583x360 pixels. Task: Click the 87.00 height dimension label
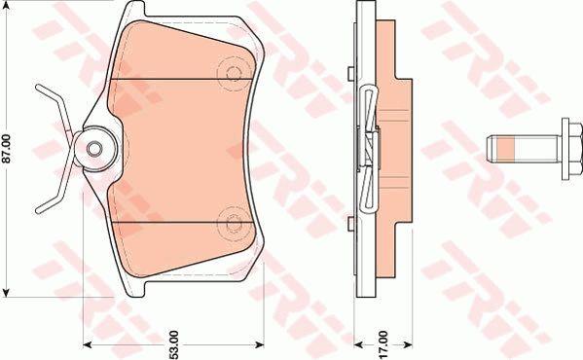(8, 149)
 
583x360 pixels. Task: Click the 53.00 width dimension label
(174, 345)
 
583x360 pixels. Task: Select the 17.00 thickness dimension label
(383, 344)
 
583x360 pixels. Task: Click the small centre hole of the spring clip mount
(94, 149)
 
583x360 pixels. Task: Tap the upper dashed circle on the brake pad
(234, 73)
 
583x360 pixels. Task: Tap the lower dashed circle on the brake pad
(234, 223)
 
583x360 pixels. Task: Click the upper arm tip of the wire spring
(38, 88)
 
